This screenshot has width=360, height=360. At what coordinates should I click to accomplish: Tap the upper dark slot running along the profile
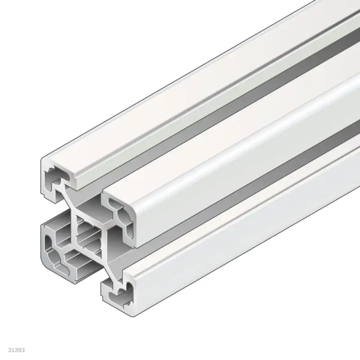[x=225, y=112]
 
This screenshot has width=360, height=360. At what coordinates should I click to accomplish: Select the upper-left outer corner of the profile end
[x=42, y=160]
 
